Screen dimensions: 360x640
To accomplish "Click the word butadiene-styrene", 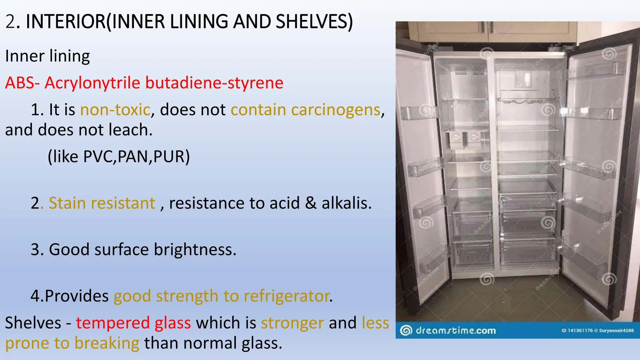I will pos(214,83).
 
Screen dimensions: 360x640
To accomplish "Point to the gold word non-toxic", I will pos(115,110).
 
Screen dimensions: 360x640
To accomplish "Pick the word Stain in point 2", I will pos(67,203).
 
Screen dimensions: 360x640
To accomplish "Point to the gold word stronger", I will pos(292,323).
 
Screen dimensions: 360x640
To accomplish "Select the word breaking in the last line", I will pos(107,343).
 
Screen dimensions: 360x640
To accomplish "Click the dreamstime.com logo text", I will pos(455,330).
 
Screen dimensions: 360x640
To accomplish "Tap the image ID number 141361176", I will pos(580,330).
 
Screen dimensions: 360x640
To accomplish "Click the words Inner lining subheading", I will pos(47,57).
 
